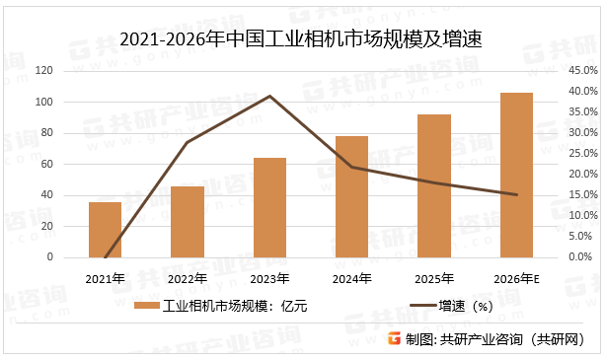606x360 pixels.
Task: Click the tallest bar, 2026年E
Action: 516,175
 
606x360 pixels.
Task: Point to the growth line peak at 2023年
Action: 269,96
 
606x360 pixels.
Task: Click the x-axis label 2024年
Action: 351,277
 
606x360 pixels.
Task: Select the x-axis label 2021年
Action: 105,277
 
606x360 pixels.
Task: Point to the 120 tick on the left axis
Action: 43,71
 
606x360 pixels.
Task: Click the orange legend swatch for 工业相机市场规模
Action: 146,306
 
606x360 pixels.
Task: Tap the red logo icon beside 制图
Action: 394,339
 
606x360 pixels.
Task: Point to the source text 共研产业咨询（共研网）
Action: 513,339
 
